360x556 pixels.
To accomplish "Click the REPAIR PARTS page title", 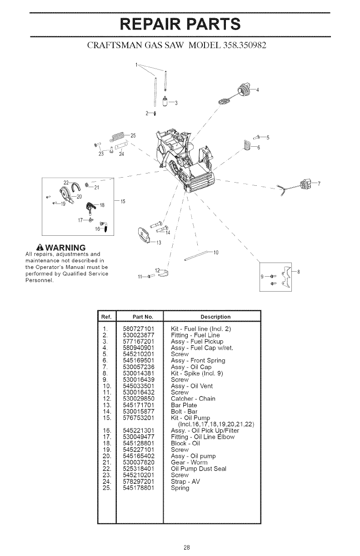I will click(x=180, y=24).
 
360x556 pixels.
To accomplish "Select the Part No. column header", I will click(x=140, y=317).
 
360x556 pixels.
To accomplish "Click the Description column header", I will click(x=211, y=317).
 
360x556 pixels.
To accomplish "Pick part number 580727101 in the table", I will click(x=139, y=328).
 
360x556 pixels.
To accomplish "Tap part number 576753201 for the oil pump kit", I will click(x=139, y=418).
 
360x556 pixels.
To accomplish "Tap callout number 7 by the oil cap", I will click(x=319, y=184).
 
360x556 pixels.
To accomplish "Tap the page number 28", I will click(x=180, y=546).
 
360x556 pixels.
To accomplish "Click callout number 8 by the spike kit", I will click(x=298, y=272).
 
